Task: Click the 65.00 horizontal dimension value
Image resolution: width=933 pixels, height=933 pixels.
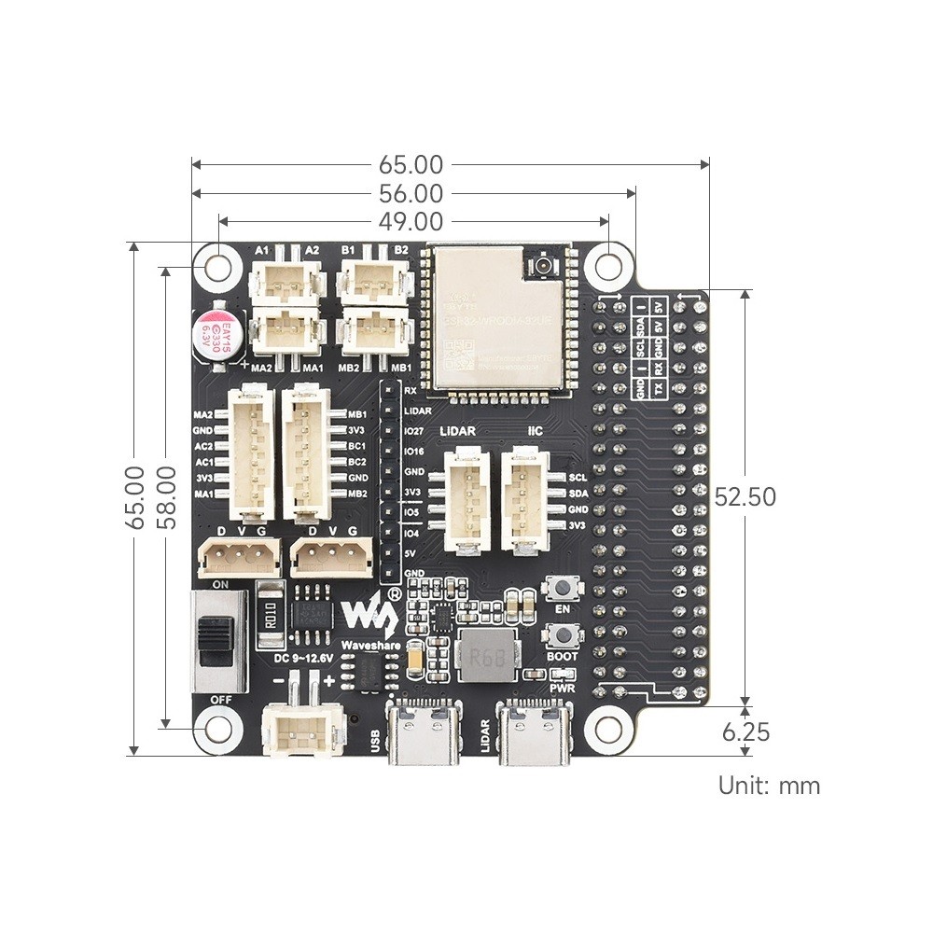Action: tap(411, 165)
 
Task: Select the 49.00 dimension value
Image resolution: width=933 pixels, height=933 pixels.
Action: tap(411, 221)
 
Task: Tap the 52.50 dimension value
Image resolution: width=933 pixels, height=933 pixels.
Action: tap(745, 497)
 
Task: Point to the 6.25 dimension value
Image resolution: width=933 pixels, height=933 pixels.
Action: tap(745, 733)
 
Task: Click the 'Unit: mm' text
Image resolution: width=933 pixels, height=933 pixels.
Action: tap(769, 786)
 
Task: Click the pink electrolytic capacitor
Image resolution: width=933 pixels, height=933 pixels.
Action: tap(216, 331)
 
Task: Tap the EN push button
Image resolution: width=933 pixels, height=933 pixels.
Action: tap(563, 589)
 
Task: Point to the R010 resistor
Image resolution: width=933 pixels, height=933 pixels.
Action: tap(269, 615)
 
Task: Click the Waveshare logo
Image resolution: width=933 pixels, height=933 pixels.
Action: tap(372, 613)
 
